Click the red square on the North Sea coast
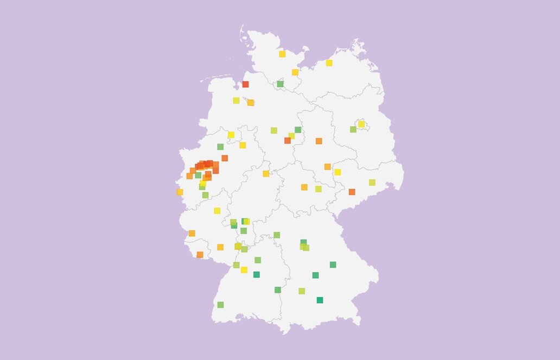click(245, 84)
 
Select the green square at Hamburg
click(280, 84)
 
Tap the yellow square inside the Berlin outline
click(361, 124)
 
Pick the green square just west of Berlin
click(353, 129)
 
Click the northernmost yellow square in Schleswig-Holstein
click(282, 54)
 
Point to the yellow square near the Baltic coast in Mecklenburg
click(329, 63)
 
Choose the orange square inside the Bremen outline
click(250, 102)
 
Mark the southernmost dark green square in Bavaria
click(320, 300)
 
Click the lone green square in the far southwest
click(220, 305)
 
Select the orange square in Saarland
click(200, 255)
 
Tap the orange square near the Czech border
click(352, 192)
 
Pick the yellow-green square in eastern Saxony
click(372, 183)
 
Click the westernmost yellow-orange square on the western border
click(180, 192)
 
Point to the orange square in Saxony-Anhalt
click(319, 141)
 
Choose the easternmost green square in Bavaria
click(333, 265)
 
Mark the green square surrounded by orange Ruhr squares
click(198, 175)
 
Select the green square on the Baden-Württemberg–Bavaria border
click(278, 290)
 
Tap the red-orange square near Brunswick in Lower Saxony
click(288, 140)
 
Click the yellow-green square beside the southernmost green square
click(302, 291)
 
